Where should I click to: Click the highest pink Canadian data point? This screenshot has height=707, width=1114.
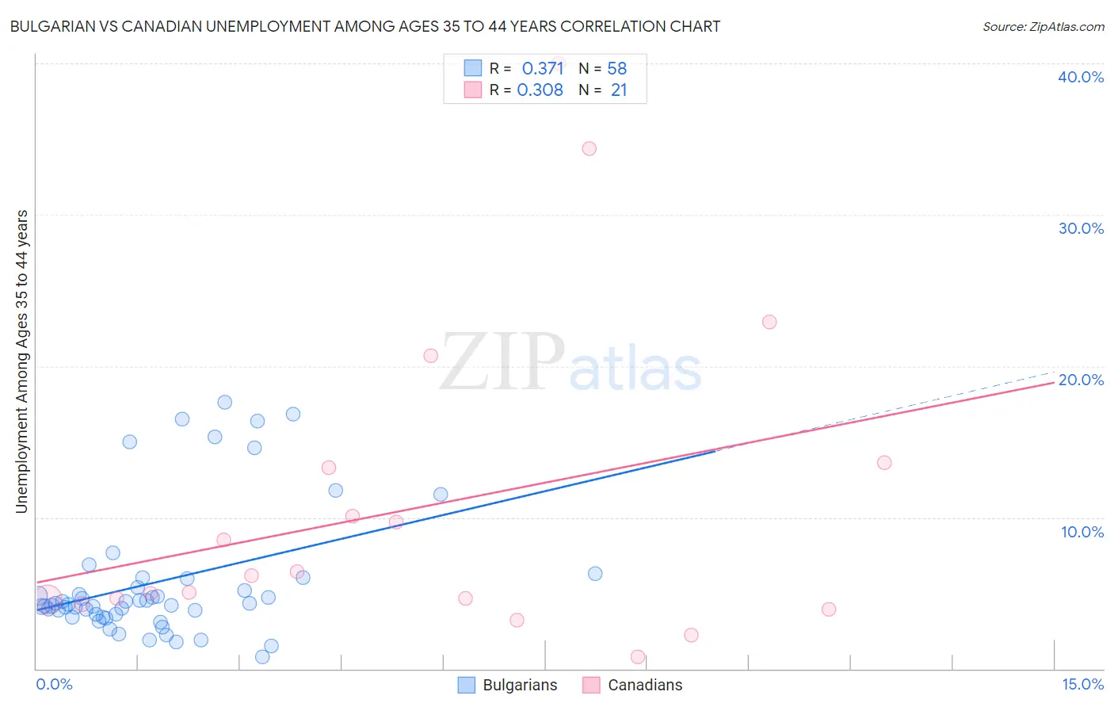coord(589,148)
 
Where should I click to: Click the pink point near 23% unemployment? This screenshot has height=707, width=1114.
coord(769,322)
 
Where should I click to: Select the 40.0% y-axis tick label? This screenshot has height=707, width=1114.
coord(1081,77)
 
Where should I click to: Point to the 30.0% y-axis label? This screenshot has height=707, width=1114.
coord(1081,228)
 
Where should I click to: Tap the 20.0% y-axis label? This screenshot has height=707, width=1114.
coord(1081,380)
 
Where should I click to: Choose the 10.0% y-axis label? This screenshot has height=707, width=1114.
coord(1082,532)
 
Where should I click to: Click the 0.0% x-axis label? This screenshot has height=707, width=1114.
coord(54,684)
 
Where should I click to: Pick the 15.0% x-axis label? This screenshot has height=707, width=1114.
coord(1082,684)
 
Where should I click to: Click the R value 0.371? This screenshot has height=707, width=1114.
coord(543,69)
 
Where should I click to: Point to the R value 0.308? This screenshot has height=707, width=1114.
coord(540,90)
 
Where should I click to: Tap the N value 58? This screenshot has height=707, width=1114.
coord(616,69)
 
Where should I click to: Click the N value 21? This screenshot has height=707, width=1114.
coord(618,90)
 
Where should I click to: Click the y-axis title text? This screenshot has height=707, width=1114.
coord(21,361)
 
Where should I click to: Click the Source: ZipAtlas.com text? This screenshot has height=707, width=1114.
coord(1043,27)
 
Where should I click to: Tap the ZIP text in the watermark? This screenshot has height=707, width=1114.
coord(502,362)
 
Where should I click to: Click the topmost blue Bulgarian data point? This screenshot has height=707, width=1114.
coord(224,402)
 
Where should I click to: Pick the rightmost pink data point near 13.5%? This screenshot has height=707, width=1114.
coord(884,463)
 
